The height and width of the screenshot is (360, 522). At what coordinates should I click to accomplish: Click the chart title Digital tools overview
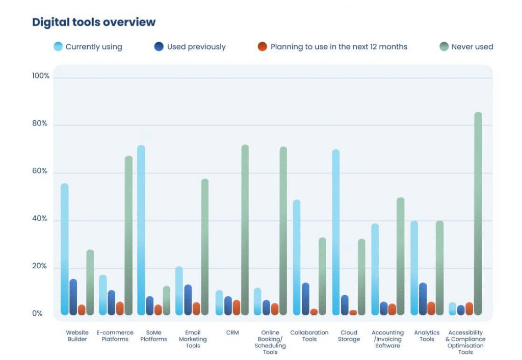click(94, 22)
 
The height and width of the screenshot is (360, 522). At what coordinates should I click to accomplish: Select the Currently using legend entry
click(88, 47)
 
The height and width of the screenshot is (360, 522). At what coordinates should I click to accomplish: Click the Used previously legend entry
click(190, 47)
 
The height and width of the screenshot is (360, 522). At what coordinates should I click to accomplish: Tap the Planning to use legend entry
click(332, 47)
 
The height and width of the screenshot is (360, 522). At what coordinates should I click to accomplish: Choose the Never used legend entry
click(466, 47)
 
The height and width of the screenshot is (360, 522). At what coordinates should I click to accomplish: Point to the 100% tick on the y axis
click(40, 76)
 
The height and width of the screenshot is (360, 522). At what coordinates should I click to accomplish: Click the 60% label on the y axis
click(40, 171)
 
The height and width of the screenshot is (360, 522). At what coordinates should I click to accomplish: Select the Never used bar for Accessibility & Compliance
click(478, 214)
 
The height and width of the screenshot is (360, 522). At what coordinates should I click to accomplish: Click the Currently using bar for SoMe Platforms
click(141, 229)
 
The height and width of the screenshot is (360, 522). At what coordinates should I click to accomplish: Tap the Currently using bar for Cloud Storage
click(335, 232)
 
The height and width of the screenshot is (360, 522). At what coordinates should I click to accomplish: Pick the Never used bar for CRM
click(245, 229)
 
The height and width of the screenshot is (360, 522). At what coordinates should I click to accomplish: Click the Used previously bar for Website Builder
click(73, 297)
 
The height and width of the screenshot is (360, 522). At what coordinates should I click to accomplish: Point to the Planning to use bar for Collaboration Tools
click(314, 312)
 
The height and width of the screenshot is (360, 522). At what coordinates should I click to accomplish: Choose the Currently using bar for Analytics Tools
click(414, 268)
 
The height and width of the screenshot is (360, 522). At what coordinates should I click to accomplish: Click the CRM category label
click(232, 332)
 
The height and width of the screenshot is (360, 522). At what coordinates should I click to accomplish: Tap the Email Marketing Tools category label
click(193, 339)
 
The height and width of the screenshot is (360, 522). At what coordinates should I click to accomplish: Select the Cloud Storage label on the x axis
click(349, 336)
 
